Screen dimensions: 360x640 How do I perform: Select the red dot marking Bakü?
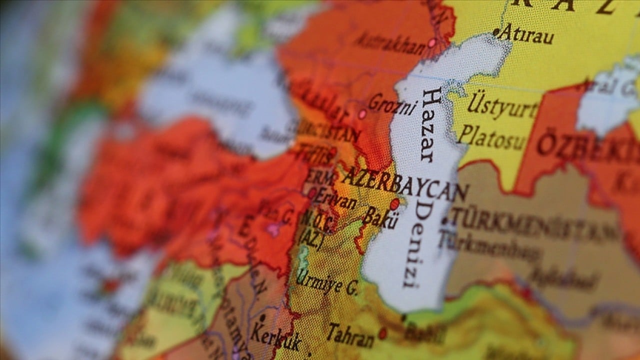(x=395, y=204)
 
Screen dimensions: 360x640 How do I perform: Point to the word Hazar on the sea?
(x=428, y=124)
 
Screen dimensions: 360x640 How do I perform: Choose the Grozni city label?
(x=392, y=104)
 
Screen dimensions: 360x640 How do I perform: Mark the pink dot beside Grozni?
(x=362, y=114)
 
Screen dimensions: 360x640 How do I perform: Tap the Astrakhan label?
(x=390, y=44)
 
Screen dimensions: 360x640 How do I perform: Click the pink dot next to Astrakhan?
(x=431, y=43)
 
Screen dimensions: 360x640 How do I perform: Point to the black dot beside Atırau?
(x=495, y=32)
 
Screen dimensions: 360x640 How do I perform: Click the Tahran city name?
(x=350, y=335)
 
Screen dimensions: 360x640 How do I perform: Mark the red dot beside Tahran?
(x=382, y=332)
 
